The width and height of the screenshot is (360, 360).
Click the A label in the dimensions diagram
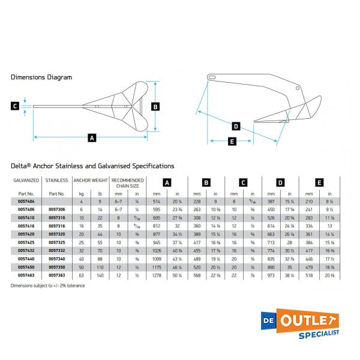(92, 138)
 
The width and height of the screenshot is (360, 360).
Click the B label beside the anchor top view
(155, 107)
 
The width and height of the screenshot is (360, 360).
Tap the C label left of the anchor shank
(14, 106)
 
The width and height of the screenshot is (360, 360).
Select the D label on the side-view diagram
(236, 126)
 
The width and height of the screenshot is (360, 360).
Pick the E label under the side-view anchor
(233, 142)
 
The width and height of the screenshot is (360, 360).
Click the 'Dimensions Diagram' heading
(41, 77)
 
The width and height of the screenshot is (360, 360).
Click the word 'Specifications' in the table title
(154, 166)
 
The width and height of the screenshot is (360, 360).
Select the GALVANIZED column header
(26, 180)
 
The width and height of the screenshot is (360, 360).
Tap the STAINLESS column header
(57, 180)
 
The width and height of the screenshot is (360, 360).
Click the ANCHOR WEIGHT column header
(91, 180)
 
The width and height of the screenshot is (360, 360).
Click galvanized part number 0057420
(26, 233)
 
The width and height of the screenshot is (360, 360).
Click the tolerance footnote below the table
(47, 285)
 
